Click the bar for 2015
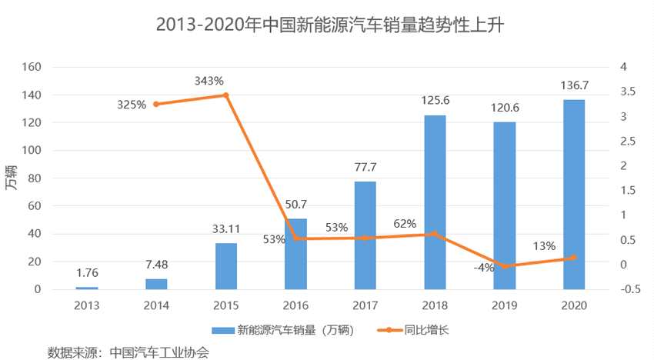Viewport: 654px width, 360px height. pos(226,266)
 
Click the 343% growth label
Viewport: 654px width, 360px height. pos(209,80)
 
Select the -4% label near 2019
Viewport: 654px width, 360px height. pos(484,267)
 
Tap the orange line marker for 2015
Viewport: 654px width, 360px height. pos(225,95)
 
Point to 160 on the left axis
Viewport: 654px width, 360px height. pos(32,67)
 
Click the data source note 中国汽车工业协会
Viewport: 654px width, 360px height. pos(159,352)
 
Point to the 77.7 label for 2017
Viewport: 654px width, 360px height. pos(365,167)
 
